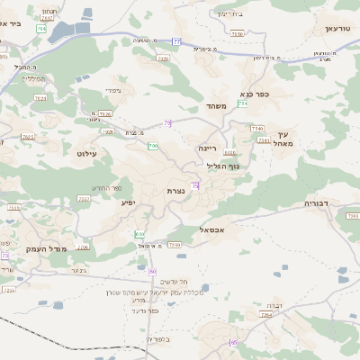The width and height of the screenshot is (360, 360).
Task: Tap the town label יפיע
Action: (128, 202)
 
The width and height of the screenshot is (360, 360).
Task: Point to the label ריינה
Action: (208, 146)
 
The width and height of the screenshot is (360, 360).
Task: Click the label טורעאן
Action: (333, 29)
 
